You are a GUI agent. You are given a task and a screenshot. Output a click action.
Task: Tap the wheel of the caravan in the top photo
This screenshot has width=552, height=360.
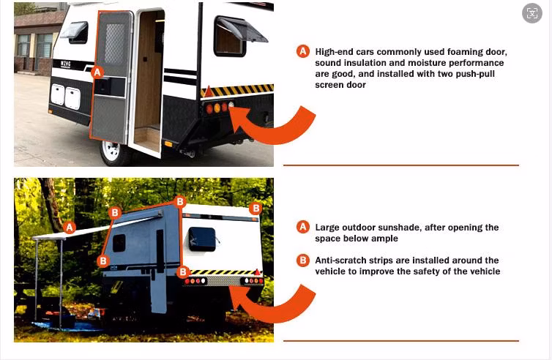[111, 151]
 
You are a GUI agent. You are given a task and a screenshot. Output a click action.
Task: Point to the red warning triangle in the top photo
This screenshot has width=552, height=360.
[208, 93]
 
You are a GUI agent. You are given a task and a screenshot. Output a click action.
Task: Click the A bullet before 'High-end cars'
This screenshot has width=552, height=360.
[302, 51]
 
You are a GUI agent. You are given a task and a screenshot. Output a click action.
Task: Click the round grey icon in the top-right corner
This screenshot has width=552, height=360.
[532, 12]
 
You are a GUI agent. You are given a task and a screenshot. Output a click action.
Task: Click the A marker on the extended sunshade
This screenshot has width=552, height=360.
[70, 227]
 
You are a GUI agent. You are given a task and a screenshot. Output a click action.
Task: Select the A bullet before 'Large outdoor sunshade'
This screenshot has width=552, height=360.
[302, 227]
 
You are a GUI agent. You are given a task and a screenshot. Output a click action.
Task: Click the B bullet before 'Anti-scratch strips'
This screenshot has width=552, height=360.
[302, 260]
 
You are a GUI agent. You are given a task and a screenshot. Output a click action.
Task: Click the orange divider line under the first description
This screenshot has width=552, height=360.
[400, 165]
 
